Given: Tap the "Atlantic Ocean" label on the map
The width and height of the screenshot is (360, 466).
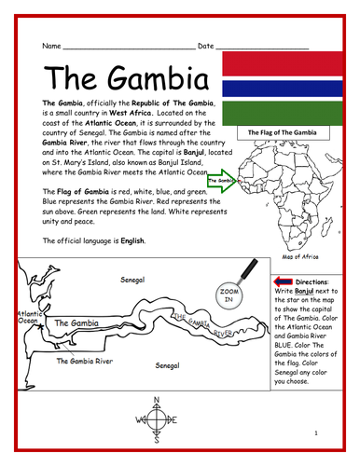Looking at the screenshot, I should [26, 319].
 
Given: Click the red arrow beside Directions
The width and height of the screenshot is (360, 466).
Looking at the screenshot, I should [282, 281].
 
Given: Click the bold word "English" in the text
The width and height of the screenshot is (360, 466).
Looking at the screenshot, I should [132, 241].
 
